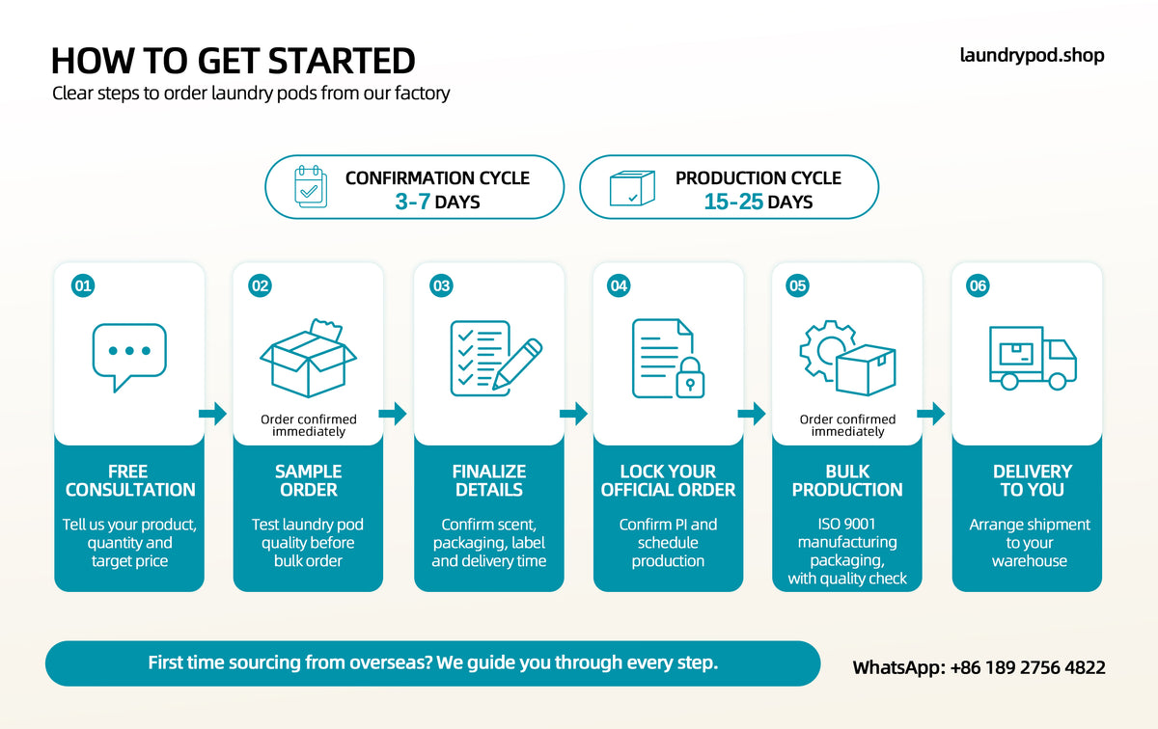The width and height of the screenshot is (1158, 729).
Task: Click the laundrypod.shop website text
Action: (1032, 56)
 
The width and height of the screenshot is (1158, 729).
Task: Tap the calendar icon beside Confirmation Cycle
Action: (311, 186)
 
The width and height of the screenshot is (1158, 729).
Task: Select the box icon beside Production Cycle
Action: (632, 188)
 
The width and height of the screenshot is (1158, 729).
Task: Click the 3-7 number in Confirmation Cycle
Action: (413, 202)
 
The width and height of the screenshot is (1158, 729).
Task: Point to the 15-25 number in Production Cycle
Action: (733, 202)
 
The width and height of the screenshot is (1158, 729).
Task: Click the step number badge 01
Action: (83, 285)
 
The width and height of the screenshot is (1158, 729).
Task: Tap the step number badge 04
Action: (619, 285)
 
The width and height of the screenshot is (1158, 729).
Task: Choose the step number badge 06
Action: (978, 285)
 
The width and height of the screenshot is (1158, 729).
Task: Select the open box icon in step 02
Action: (308, 358)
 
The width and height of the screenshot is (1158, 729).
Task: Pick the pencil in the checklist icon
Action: (517, 364)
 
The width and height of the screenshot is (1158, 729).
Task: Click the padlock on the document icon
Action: (690, 378)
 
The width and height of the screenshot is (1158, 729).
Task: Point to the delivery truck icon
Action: (1033, 358)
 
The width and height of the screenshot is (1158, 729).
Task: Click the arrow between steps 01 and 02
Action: (212, 414)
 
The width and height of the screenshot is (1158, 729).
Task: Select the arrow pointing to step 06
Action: (930, 414)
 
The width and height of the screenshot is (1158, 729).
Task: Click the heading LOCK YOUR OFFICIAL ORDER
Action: (668, 480)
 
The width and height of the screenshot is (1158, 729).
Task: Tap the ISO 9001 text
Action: (846, 524)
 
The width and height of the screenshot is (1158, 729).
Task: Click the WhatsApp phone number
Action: (1028, 667)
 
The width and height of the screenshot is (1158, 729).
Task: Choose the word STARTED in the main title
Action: (342, 61)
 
